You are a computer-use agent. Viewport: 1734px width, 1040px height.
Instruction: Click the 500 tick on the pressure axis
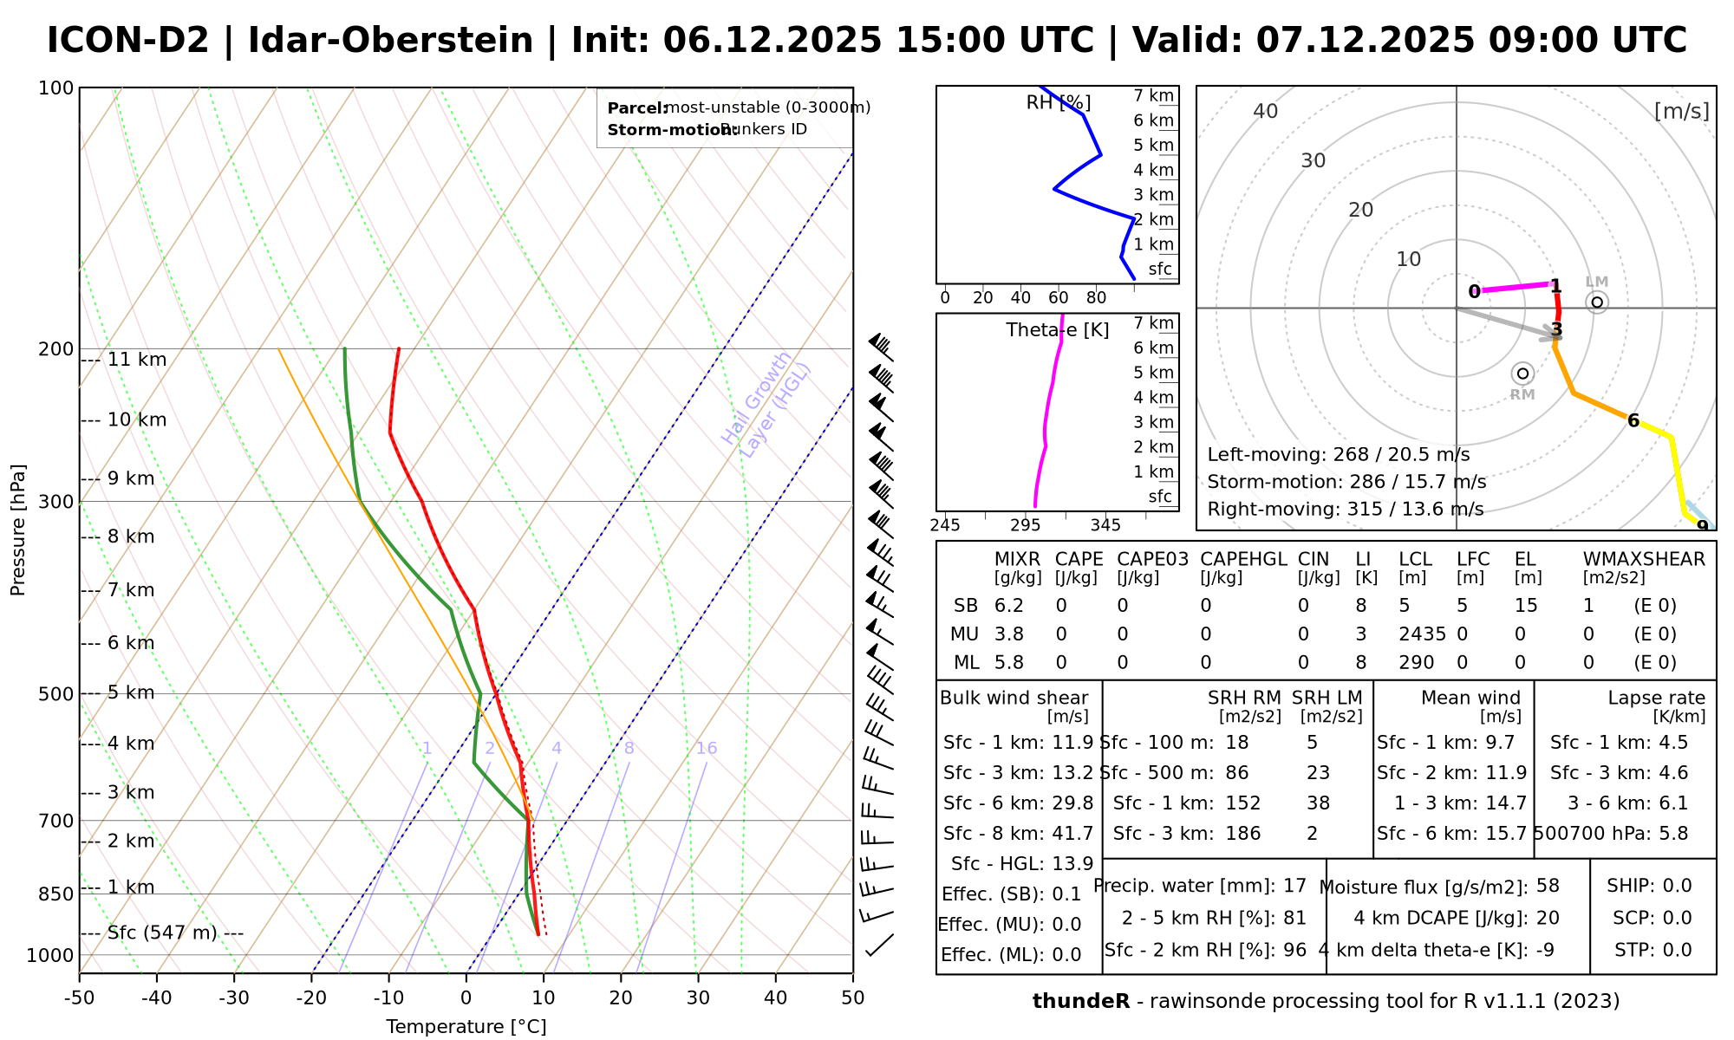point(56,694)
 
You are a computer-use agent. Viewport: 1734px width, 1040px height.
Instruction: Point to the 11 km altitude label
point(136,360)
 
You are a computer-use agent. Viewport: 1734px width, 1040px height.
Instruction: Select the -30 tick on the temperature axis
point(234,998)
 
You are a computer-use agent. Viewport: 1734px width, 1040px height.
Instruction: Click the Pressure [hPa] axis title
point(18,530)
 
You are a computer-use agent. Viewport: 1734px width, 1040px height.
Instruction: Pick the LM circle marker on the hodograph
point(1597,302)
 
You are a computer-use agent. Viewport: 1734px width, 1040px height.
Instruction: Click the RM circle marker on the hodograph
point(1522,374)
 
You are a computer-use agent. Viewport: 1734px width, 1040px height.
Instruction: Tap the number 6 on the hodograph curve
point(1633,421)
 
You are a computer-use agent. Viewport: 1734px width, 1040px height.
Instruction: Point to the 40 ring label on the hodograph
point(1266,111)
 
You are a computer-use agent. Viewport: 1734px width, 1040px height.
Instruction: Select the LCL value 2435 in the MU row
point(1422,634)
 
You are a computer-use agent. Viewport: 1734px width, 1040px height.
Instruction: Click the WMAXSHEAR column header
point(1644,559)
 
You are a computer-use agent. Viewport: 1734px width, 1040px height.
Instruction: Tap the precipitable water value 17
point(1294,886)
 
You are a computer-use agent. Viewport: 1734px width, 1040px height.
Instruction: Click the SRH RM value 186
point(1242,834)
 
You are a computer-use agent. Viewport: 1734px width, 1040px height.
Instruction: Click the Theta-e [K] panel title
point(1057,330)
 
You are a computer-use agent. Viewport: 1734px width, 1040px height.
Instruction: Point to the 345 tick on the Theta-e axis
point(1105,525)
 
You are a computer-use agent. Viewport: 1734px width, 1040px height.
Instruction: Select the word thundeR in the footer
point(1081,1002)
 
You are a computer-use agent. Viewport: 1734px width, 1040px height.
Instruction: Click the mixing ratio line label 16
point(707,749)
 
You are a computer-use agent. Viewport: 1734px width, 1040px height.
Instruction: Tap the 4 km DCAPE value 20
point(1548,918)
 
